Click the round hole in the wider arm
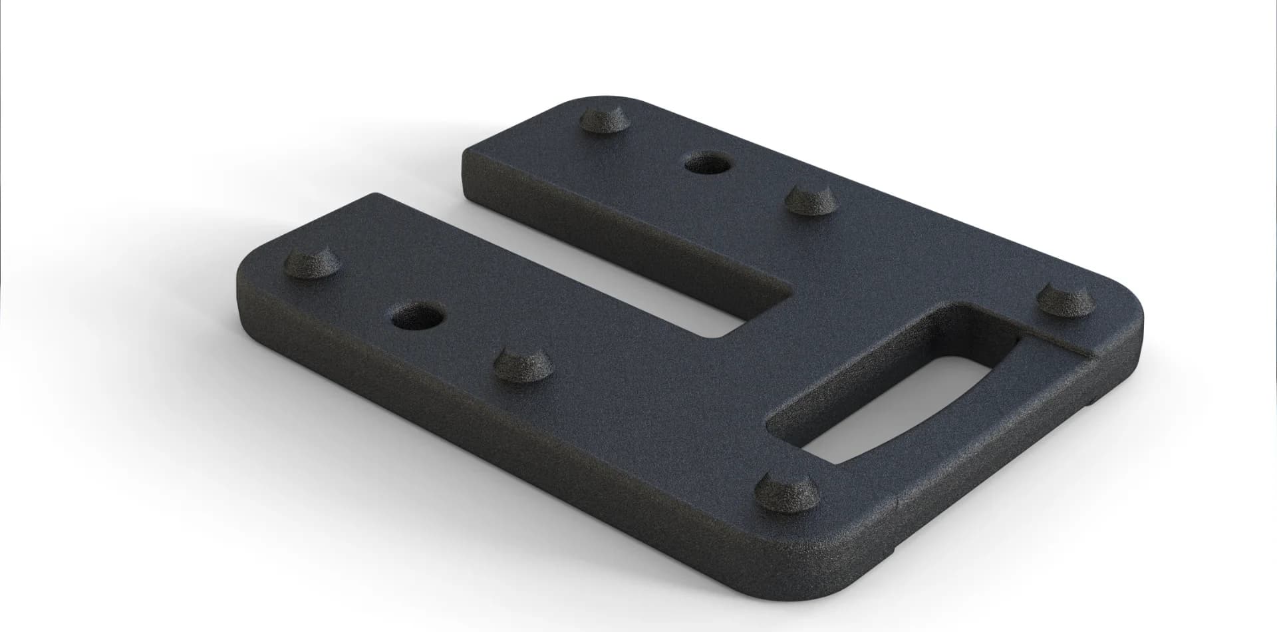(418, 316)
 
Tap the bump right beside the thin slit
(1066, 301)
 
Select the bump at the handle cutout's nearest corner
(789, 489)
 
